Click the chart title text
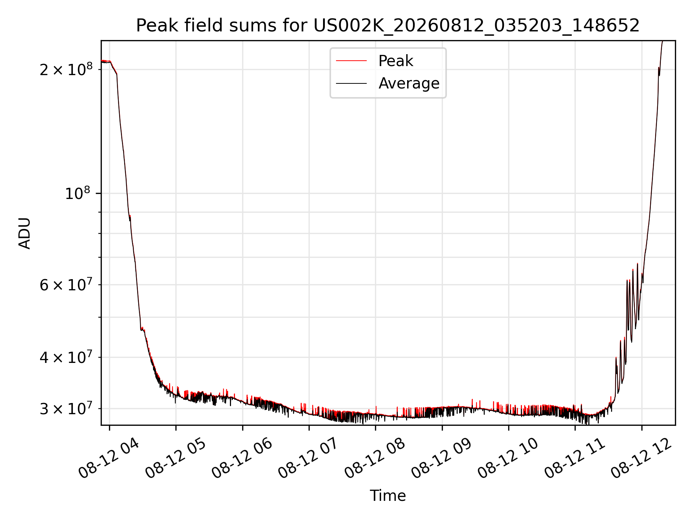click(x=388, y=26)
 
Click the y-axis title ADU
click(x=25, y=233)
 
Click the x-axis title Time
click(x=388, y=496)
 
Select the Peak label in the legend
click(x=396, y=61)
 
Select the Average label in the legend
click(x=409, y=83)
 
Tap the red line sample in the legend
click(x=351, y=61)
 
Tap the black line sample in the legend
click(x=351, y=83)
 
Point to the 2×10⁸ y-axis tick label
click(x=66, y=69)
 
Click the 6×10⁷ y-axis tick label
click(x=66, y=285)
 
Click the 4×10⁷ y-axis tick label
click(x=66, y=357)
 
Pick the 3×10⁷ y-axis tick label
click(x=66, y=409)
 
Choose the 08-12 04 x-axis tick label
click(x=109, y=458)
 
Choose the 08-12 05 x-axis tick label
click(x=175, y=458)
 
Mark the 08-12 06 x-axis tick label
click(x=242, y=458)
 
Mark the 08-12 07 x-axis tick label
click(x=308, y=458)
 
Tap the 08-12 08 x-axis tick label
click(x=375, y=458)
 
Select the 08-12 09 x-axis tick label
click(x=441, y=458)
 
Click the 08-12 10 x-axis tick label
click(x=508, y=458)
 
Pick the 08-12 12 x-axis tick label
click(x=641, y=458)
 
